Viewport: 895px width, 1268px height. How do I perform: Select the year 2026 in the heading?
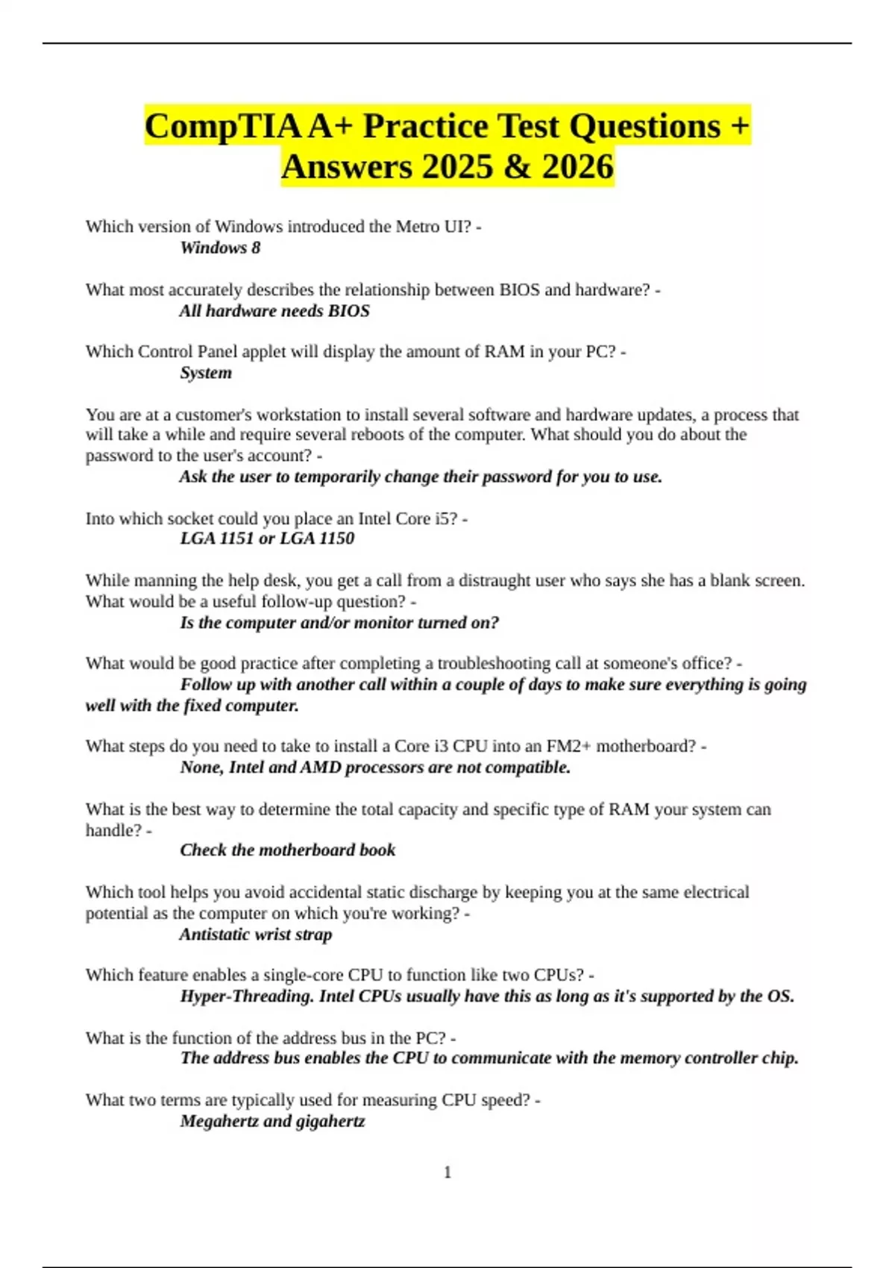577,166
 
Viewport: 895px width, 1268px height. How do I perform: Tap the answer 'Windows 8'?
220,248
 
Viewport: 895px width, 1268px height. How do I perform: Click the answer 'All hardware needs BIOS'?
274,311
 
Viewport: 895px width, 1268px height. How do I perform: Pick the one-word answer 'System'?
205,373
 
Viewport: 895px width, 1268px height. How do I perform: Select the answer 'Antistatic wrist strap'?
255,935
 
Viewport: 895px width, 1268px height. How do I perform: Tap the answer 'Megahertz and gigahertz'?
272,1121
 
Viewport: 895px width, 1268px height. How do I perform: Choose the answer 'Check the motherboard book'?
287,850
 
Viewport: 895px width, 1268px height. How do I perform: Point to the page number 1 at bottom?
447,1173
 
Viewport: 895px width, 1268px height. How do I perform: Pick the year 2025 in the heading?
456,166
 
